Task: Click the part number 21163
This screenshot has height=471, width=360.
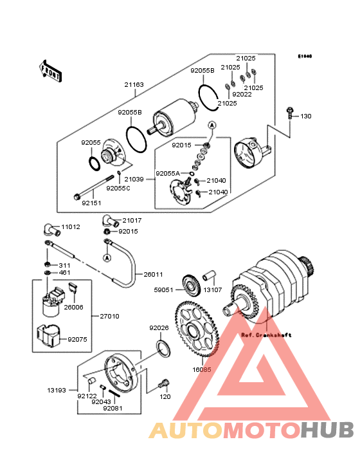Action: pyautogui.click(x=134, y=84)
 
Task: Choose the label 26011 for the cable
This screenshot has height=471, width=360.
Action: pyautogui.click(x=153, y=274)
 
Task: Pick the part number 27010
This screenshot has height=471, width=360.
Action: pyautogui.click(x=109, y=316)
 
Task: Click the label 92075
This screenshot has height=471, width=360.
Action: pyautogui.click(x=77, y=338)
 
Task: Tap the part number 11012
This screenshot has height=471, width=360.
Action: pyautogui.click(x=71, y=227)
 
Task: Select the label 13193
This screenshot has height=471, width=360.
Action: pyautogui.click(x=54, y=390)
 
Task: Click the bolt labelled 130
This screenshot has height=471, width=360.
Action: pyautogui.click(x=291, y=116)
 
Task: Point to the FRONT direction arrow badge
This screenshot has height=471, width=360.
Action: pyautogui.click(x=51, y=71)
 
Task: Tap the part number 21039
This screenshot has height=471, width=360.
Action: pyautogui.click(x=134, y=180)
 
